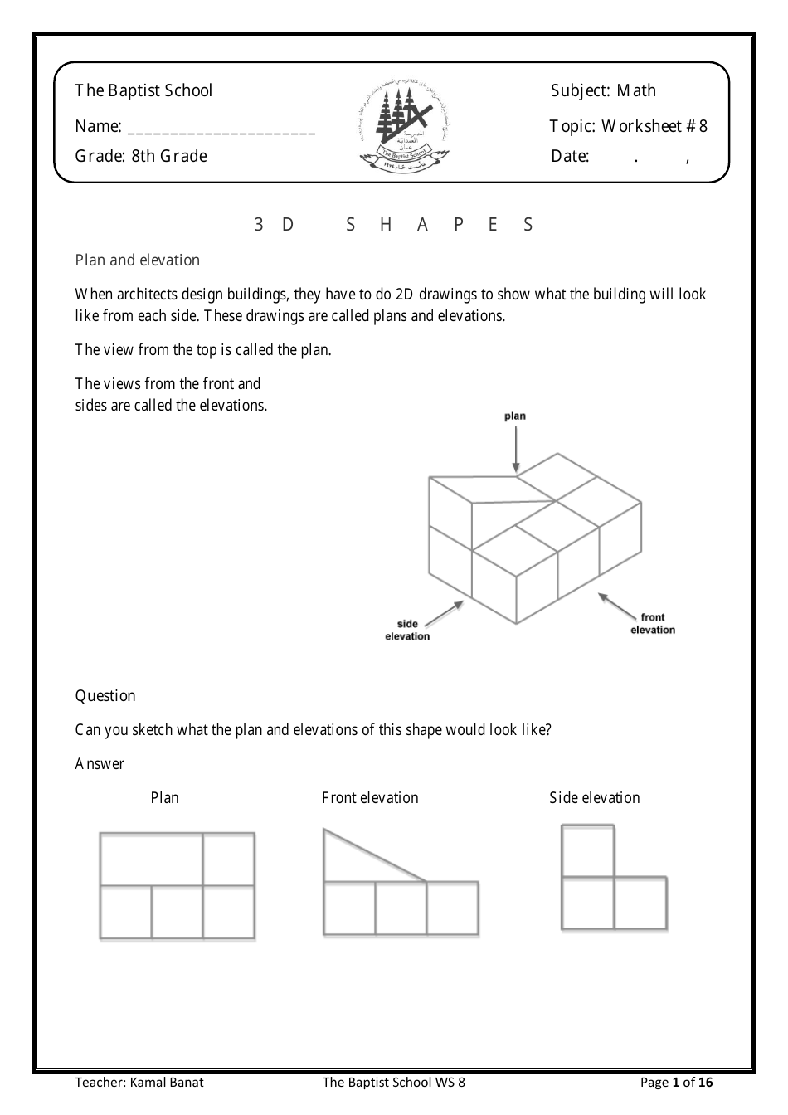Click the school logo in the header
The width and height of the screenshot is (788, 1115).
click(403, 123)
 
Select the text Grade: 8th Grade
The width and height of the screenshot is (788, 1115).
click(141, 156)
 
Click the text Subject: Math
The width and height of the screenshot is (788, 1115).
click(603, 90)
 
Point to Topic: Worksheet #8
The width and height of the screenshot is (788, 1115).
click(628, 126)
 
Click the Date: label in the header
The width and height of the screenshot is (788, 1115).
click(570, 156)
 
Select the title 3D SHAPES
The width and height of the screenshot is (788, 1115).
click(394, 224)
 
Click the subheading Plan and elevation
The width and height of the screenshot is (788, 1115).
click(138, 260)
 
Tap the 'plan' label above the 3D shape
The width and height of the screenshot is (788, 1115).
click(515, 416)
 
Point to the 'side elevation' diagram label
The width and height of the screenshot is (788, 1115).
click(407, 631)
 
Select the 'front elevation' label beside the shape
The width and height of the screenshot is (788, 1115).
click(653, 623)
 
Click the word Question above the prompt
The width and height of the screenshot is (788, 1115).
click(105, 695)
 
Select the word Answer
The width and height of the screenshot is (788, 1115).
click(100, 763)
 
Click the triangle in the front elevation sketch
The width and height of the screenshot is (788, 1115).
click(357, 863)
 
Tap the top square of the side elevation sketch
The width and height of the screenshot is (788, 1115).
click(588, 850)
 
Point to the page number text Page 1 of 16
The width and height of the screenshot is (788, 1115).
click(676, 1082)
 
